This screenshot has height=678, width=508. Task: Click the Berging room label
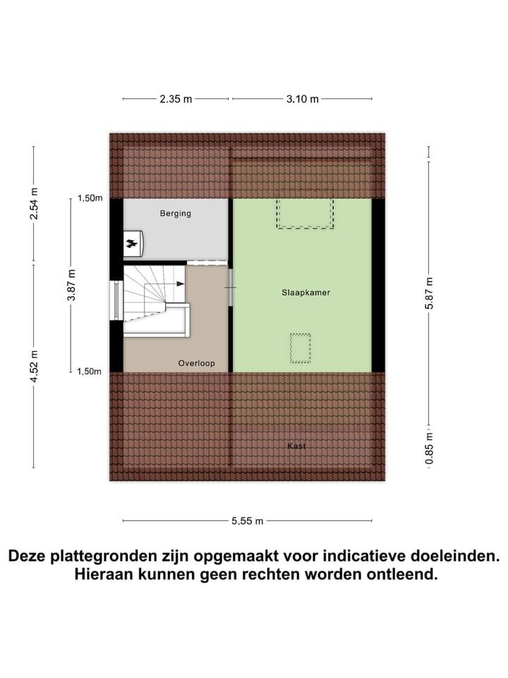[x=175, y=213]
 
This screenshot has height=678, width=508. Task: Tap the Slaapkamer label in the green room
[x=304, y=292]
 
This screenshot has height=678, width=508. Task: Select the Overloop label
[x=196, y=364]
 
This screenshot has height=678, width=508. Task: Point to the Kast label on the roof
[x=296, y=446]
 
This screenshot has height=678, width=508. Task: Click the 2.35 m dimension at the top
[x=176, y=99]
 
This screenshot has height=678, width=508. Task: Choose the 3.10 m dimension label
[x=302, y=99]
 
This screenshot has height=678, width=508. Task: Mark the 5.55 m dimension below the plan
[x=247, y=521]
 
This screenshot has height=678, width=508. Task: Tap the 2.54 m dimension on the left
[x=33, y=203]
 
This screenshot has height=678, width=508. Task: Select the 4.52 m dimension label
[x=33, y=365]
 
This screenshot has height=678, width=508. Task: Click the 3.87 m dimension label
[x=71, y=285]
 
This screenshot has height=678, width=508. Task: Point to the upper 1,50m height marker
[x=90, y=198]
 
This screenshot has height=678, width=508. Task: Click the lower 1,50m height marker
[x=90, y=371]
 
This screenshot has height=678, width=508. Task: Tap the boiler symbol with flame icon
[x=133, y=244]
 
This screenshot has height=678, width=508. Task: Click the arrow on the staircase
[x=181, y=283]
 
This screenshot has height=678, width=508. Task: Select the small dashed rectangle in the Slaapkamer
[x=301, y=347]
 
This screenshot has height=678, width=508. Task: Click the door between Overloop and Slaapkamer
[x=231, y=287]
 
